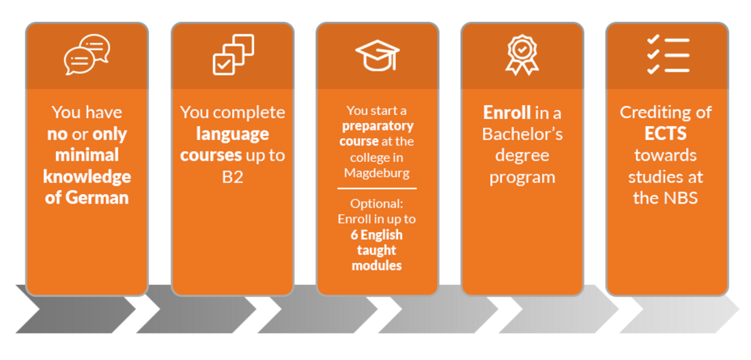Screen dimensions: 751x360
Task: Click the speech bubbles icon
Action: pyautogui.click(x=87, y=55)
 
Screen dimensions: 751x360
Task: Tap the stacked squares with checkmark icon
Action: pyautogui.click(x=233, y=55)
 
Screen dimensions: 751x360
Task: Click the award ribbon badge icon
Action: pyautogui.click(x=522, y=55)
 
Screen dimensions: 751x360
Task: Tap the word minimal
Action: pyautogui.click(x=87, y=155)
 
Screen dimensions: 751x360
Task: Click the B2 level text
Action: pyautogui.click(x=233, y=177)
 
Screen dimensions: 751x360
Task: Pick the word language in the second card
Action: pyautogui.click(x=233, y=135)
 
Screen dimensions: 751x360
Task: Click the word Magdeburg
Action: pyautogui.click(x=377, y=174)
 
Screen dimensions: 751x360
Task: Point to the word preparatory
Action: pyautogui.click(x=378, y=127)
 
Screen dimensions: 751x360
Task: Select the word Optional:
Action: pyautogui.click(x=377, y=204)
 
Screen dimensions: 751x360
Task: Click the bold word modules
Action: pyautogui.click(x=377, y=266)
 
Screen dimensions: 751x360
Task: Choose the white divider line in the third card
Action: pyautogui.click(x=377, y=189)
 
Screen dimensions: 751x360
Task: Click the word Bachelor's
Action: pyautogui.click(x=522, y=134)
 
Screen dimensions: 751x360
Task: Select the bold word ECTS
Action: pyautogui.click(x=666, y=134)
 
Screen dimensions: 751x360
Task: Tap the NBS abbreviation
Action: pyautogui.click(x=679, y=198)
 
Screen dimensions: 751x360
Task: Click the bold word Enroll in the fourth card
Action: pyautogui.click(x=507, y=113)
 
